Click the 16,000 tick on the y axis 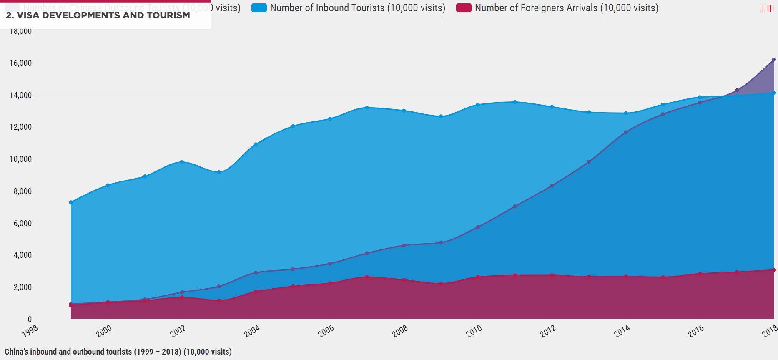(20, 63)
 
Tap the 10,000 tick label (20, 159)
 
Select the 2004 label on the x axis (252, 331)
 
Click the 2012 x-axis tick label (548, 331)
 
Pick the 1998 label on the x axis (30, 331)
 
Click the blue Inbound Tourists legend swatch (259, 8)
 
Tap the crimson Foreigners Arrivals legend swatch (464, 8)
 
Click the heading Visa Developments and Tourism (98, 15)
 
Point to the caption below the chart (118, 352)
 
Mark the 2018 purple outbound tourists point (774, 60)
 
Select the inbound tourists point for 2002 (182, 162)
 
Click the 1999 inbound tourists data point (71, 202)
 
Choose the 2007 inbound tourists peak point (367, 108)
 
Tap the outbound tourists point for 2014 (626, 132)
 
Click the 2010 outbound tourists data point (478, 227)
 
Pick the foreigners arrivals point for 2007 (367, 277)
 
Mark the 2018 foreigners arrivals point (774, 270)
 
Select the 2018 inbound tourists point (774, 93)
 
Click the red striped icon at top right (768, 8)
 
